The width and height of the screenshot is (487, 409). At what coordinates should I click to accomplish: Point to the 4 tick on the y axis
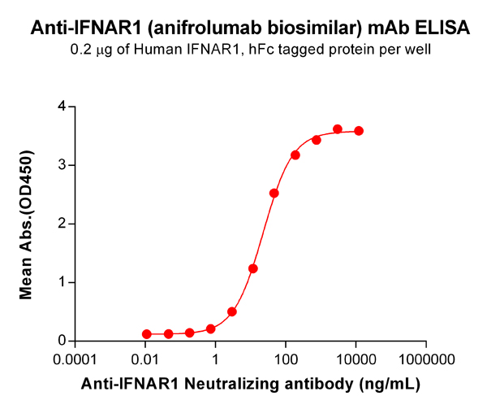click(61, 107)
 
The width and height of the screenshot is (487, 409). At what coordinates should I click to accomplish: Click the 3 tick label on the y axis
click(61, 165)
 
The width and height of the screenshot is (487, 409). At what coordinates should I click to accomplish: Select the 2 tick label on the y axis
click(61, 224)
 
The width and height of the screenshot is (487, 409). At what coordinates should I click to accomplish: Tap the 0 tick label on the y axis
click(61, 342)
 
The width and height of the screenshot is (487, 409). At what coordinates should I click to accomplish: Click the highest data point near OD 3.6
click(338, 129)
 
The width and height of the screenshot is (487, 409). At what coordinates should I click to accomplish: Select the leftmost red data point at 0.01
click(147, 334)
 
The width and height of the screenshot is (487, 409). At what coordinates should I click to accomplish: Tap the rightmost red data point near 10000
click(359, 131)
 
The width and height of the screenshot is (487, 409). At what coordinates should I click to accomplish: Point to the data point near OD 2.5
click(274, 194)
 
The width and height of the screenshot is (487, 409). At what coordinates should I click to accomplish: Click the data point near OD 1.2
click(253, 268)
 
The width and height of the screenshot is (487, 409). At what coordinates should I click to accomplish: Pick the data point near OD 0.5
click(232, 311)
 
